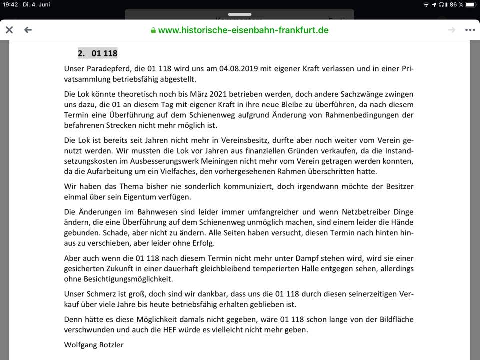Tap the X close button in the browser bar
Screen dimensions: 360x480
9,30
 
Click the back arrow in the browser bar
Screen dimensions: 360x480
28,30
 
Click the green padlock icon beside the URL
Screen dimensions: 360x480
153,30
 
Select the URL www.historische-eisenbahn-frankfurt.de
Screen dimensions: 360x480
243,30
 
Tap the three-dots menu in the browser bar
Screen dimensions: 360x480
470,30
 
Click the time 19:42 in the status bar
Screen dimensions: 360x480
10,4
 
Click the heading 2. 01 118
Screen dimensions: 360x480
97,53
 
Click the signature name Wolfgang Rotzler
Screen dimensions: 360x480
94,345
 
